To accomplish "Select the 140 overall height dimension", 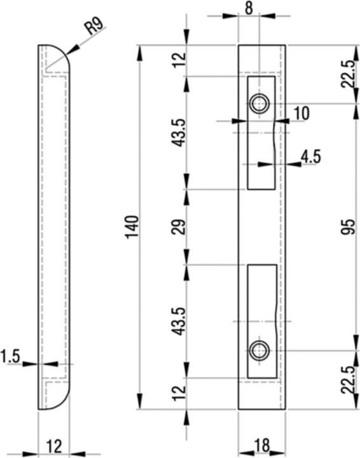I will click(132, 227).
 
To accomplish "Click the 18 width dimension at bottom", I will click(261, 445).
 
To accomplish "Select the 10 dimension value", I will click(301, 113).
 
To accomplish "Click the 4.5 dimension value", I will click(310, 156).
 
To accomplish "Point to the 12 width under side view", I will click(54, 446).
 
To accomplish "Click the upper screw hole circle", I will click(258, 103).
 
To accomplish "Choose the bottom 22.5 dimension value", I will click(347, 380).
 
